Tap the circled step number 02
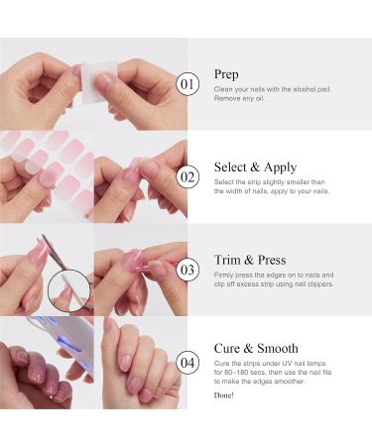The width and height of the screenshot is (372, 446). (x=187, y=175)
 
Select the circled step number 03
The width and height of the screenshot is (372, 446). (x=187, y=268)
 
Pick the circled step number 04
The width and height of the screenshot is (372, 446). (x=187, y=360)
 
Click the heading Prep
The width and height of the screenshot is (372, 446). (x=225, y=74)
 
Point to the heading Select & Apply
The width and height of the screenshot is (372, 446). (x=252, y=167)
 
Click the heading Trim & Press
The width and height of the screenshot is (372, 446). (x=249, y=260)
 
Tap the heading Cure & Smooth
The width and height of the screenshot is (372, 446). (x=255, y=348)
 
